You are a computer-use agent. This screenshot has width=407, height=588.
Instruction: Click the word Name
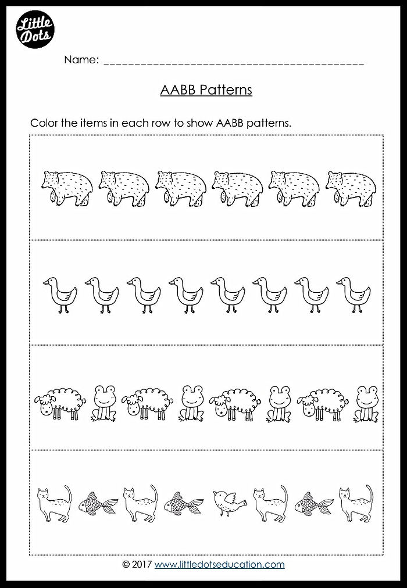coord(81,60)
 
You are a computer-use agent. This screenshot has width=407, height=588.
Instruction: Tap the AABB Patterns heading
coord(205,90)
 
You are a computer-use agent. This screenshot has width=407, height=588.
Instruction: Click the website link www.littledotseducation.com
coord(220,564)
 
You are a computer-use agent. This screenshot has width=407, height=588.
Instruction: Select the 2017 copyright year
coord(142,564)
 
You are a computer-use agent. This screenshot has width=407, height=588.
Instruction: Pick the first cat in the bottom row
coord(52,503)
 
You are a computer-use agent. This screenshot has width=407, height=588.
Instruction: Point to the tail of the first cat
coord(67,494)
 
